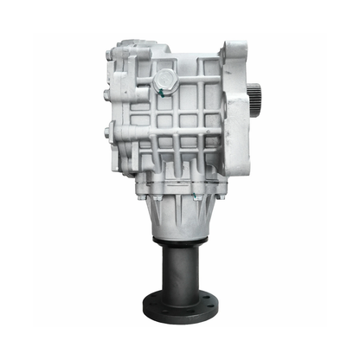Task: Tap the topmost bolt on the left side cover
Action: tap(110, 57)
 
